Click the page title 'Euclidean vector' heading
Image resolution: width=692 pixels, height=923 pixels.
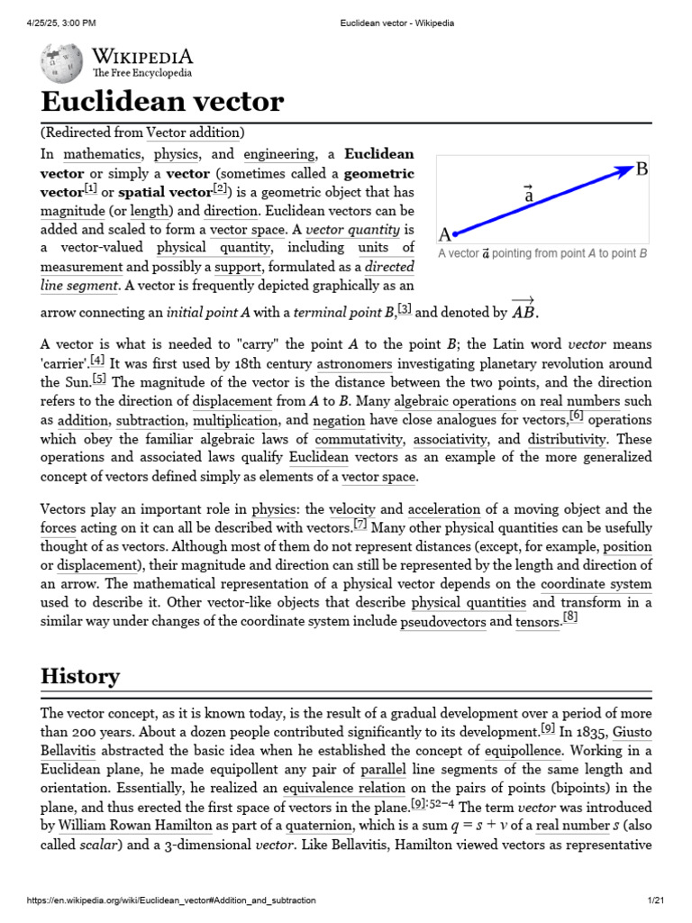point(162,101)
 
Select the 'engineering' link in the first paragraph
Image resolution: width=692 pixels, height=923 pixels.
point(279,154)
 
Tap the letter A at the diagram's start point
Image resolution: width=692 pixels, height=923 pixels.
point(444,235)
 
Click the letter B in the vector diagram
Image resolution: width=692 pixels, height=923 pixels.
point(642,169)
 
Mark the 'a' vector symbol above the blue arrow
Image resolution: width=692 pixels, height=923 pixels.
point(529,193)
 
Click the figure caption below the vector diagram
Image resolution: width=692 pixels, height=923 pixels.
point(542,254)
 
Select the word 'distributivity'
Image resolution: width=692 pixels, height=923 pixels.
point(567,440)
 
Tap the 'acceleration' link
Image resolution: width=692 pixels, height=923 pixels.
point(444,509)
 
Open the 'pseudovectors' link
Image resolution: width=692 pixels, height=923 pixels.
point(442,622)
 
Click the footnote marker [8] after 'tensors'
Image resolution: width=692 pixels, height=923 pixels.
point(570,618)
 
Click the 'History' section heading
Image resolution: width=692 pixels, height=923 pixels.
point(80,676)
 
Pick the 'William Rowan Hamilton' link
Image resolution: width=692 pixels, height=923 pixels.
point(136,826)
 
